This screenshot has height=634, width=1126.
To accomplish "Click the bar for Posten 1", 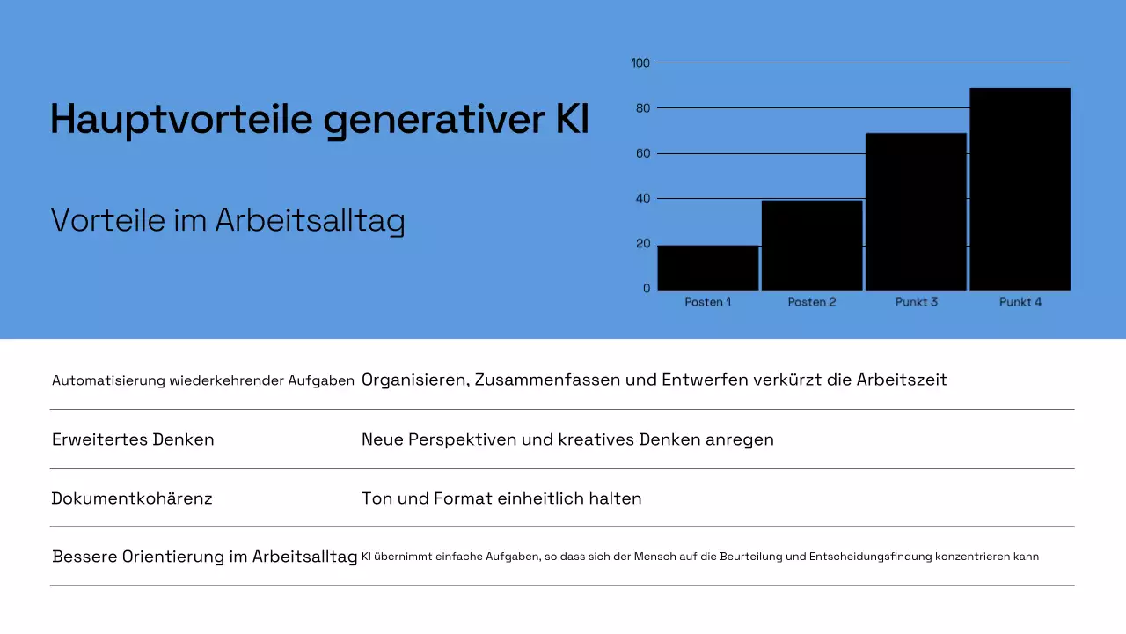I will (x=708, y=268).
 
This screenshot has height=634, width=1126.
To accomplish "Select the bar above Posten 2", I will (x=812, y=246).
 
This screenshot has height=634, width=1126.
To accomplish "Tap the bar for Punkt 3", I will (x=916, y=211).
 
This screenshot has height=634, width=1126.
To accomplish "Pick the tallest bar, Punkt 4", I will (x=1020, y=188).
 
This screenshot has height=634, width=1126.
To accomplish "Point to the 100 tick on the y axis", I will (x=640, y=63).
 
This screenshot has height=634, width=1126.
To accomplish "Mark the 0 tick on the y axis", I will (x=647, y=289).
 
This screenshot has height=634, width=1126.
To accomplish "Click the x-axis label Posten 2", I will (x=812, y=302).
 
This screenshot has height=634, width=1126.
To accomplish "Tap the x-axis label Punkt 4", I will (x=1020, y=302).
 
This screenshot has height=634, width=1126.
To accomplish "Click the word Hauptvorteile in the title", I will (x=181, y=120).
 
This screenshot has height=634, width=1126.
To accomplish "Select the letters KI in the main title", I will (x=573, y=120).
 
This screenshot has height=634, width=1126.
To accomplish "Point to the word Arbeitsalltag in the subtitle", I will (x=310, y=220).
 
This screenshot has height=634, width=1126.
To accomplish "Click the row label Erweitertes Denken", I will (x=133, y=439).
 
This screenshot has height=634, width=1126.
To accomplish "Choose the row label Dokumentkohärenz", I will (x=132, y=498).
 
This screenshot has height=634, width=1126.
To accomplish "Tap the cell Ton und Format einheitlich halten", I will (x=501, y=498).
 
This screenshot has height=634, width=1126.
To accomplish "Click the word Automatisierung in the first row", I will (x=108, y=380).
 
